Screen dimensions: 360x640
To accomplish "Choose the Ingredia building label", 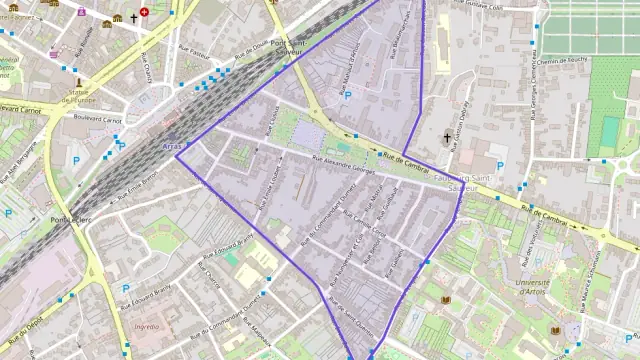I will [x=146, y=326].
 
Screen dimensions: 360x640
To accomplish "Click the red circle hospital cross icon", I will [x=145, y=12].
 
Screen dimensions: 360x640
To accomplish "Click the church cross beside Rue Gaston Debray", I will [x=447, y=137].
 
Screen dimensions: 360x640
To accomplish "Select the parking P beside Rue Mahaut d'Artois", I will [x=347, y=96].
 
